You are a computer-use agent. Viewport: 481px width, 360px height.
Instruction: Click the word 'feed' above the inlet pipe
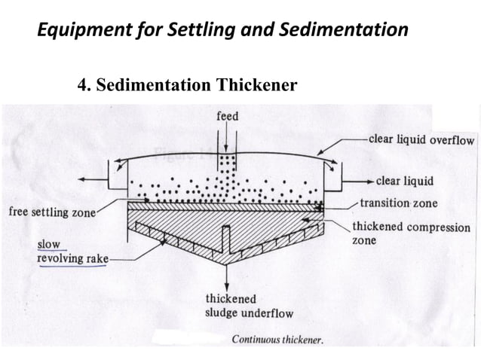[x=227, y=116]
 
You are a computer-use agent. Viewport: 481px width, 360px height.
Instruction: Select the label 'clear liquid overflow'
[x=421, y=141]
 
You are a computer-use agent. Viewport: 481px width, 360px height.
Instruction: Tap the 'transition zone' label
[x=398, y=203]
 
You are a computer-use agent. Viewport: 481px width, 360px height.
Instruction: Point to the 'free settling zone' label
[x=51, y=212]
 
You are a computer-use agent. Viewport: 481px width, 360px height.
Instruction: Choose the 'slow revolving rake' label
[x=72, y=252]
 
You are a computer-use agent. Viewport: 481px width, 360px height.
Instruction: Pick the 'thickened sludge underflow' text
[x=249, y=306]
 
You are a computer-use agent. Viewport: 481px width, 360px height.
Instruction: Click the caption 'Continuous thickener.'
[x=277, y=340]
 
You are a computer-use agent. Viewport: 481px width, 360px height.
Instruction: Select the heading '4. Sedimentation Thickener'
[x=187, y=84]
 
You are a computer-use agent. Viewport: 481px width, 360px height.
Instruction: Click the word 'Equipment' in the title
[x=83, y=31]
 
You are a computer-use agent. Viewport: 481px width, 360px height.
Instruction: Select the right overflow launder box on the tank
[x=335, y=177]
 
